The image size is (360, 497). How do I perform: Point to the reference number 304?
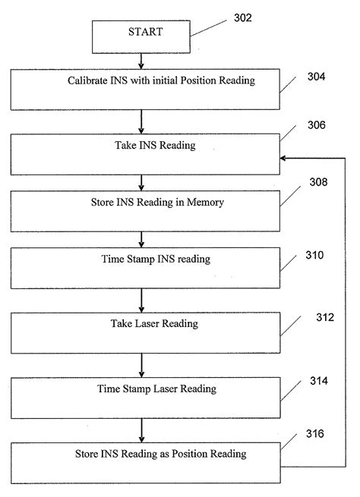coord(318,77)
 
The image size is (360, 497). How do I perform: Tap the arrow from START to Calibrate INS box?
coord(141,60)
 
